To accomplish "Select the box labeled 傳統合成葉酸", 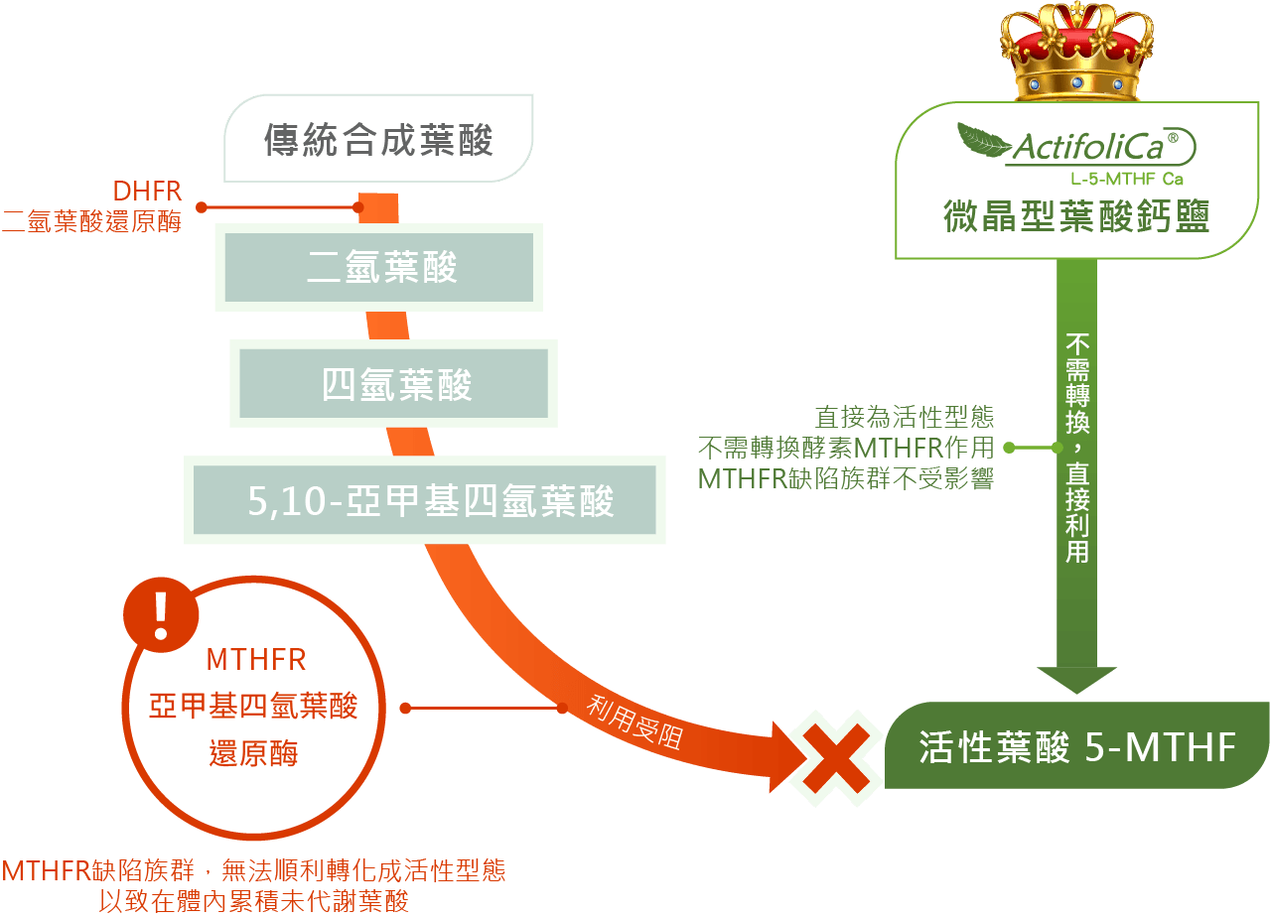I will [x=378, y=140].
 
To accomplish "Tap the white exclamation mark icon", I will [x=159, y=615].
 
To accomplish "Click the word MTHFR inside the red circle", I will [x=255, y=660].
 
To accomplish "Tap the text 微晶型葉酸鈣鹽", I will [x=1076, y=215].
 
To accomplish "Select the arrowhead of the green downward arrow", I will [x=1076, y=679].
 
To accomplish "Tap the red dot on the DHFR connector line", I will [x=202, y=207].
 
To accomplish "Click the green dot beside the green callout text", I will [x=1009, y=448].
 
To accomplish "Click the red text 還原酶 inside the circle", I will [x=253, y=753].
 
